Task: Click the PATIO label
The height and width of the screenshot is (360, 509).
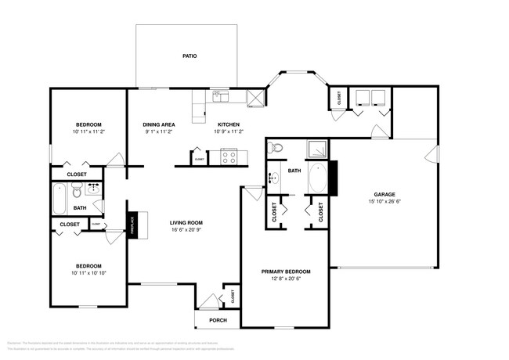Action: [189, 56]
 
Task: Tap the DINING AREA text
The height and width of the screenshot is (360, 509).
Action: [158, 124]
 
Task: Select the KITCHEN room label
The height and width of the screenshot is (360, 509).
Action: [228, 124]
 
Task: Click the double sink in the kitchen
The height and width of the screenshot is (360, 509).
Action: [219, 97]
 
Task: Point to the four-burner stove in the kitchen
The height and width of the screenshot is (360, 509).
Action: [229, 156]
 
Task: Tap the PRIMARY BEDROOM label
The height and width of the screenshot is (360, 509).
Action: [286, 271]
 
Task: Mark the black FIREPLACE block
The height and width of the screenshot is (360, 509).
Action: [133, 225]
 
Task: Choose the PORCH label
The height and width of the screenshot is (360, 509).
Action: [218, 320]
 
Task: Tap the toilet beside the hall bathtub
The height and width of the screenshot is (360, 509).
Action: [77, 192]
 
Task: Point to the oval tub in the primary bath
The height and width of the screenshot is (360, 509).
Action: [319, 179]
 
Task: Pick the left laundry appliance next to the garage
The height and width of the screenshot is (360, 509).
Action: [361, 97]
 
